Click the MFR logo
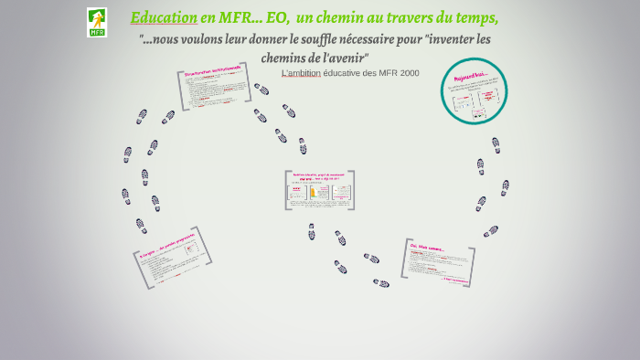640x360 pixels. [x=97, y=22]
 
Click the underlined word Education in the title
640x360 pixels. [x=164, y=18]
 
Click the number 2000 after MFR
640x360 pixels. [x=404, y=73]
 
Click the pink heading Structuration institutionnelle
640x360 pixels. [x=212, y=69]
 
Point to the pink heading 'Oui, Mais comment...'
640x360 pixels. [x=427, y=248]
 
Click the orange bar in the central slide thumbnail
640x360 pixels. [x=313, y=193]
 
